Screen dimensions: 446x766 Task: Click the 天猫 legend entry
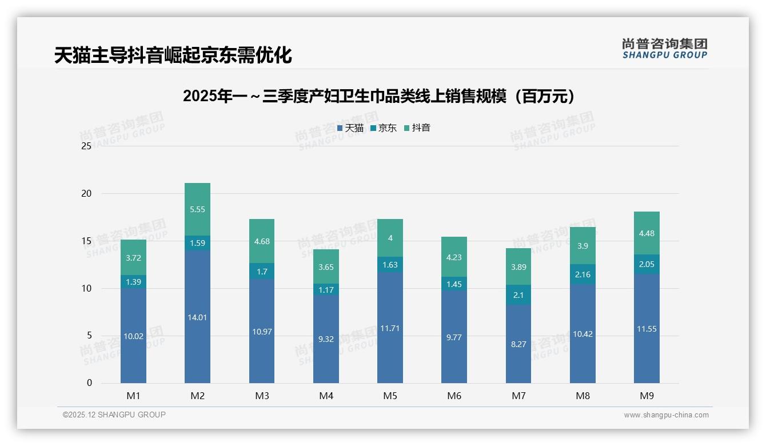[350, 128]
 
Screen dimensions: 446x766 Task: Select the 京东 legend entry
[384, 128]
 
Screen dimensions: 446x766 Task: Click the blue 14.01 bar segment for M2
[197, 317]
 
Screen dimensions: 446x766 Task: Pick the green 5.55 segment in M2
[197, 209]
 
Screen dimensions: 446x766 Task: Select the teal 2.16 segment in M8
[583, 274]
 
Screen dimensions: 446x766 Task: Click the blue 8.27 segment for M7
[518, 344]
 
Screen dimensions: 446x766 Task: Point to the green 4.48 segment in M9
[647, 233]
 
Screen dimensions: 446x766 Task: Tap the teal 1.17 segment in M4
[326, 289]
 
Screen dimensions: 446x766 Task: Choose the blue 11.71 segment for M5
[390, 328]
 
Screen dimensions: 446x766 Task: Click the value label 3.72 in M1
[133, 258]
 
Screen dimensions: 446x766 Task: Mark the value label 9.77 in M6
[454, 337]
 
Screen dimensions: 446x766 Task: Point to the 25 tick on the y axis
[86, 146]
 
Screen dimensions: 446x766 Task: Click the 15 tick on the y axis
[86, 241]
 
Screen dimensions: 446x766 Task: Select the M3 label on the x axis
[262, 396]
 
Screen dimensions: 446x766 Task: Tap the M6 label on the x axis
[454, 396]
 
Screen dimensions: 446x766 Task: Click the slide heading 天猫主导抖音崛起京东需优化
[173, 55]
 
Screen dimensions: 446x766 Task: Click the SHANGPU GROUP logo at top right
[664, 49]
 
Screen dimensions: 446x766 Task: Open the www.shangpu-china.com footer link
[666, 415]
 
